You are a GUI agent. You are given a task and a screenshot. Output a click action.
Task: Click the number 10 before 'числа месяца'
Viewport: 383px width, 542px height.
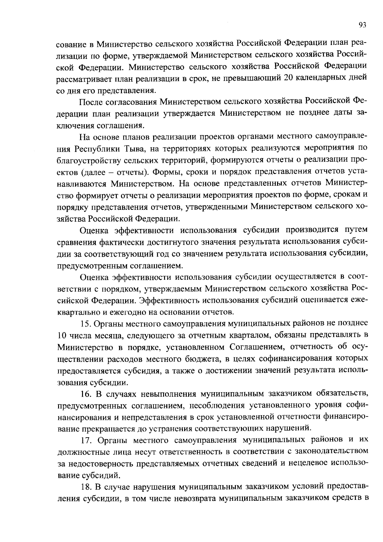pos(62,336)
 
